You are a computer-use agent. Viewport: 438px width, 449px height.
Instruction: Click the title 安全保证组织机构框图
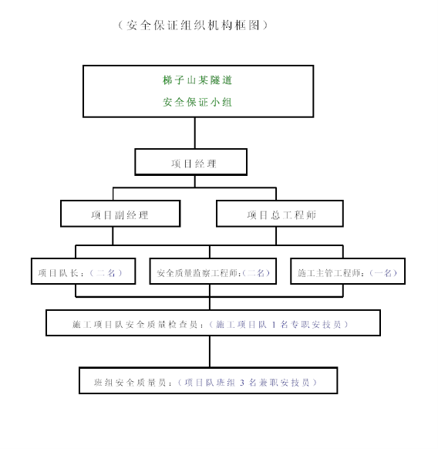[x=194, y=25]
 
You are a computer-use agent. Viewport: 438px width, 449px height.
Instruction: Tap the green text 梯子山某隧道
[x=197, y=80]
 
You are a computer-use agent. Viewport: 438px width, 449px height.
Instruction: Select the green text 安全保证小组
[x=197, y=103]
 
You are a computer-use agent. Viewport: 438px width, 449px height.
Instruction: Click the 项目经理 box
[x=191, y=162]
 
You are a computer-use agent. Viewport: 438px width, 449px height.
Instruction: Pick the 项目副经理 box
[x=120, y=214]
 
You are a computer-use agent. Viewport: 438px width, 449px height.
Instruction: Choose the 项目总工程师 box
[x=280, y=214]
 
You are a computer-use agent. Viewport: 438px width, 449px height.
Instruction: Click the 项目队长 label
[x=58, y=273]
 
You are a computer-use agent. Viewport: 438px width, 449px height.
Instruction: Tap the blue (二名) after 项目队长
[x=106, y=273]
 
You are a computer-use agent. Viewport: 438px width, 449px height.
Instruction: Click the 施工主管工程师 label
[x=329, y=273]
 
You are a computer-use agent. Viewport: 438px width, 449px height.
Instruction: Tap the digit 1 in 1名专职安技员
[x=274, y=325]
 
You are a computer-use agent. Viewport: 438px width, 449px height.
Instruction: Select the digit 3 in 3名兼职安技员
[x=242, y=383]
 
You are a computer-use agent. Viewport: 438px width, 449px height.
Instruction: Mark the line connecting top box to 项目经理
[x=195, y=133]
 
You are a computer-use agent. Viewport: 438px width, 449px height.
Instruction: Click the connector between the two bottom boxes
[x=210, y=351]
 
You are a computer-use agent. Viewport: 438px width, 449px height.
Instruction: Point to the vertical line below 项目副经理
[x=113, y=236]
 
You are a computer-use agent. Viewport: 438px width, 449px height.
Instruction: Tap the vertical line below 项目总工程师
[x=276, y=236]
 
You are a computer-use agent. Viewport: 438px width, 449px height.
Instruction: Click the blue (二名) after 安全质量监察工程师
[x=256, y=273]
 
